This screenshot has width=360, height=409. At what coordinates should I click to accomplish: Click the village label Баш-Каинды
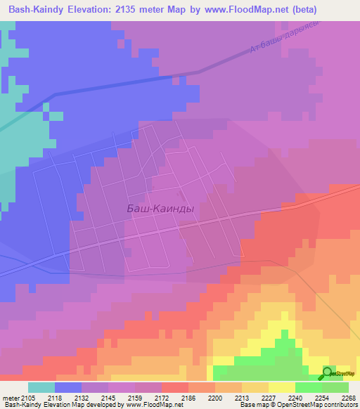click(160, 209)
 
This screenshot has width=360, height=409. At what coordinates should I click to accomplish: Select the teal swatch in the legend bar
click(41, 387)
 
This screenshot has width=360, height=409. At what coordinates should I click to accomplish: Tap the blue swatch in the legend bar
click(68, 387)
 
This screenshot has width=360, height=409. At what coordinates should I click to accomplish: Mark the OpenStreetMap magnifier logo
click(327, 372)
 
